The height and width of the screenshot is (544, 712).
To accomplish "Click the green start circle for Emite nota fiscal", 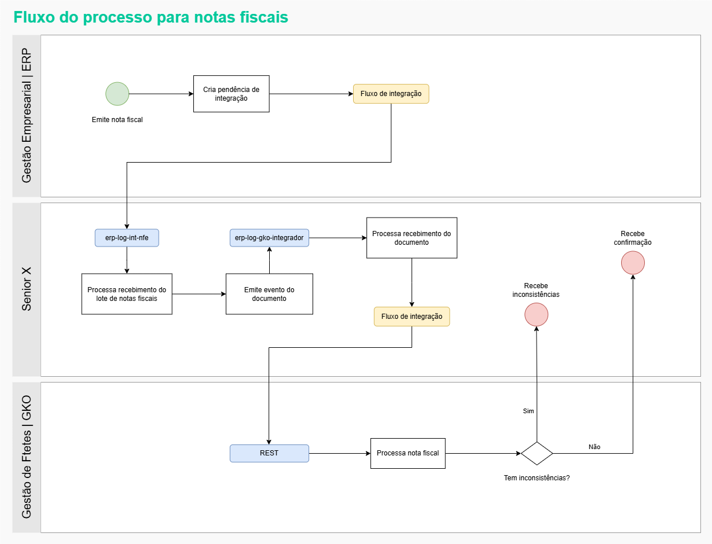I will pyautogui.click(x=117, y=94).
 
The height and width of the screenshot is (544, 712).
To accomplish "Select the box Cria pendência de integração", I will pyautogui.click(x=231, y=94).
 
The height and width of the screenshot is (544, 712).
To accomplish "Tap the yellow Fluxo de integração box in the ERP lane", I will pyautogui.click(x=391, y=94).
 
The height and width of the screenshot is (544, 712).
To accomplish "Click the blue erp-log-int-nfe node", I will pyautogui.click(x=127, y=238).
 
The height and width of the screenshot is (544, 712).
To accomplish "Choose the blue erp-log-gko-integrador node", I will pyautogui.click(x=269, y=238).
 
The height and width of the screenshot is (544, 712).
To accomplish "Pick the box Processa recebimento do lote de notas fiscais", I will pyautogui.click(x=127, y=294).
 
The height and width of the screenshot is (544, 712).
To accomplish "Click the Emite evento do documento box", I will pyautogui.click(x=269, y=294).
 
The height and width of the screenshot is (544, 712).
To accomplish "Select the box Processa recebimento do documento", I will pyautogui.click(x=412, y=238).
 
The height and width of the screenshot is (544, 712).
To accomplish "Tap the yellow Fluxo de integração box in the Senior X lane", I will pyautogui.click(x=412, y=317).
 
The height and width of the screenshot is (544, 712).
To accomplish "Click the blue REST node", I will pyautogui.click(x=269, y=453).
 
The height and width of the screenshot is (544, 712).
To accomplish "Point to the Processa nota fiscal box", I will pyautogui.click(x=408, y=453).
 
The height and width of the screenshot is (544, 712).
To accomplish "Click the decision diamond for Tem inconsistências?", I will pyautogui.click(x=537, y=453).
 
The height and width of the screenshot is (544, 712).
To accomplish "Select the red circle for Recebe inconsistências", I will pyautogui.click(x=536, y=314).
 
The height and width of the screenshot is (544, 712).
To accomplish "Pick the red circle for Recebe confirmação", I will pyautogui.click(x=633, y=263).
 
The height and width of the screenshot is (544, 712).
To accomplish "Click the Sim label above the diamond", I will pyautogui.click(x=529, y=411).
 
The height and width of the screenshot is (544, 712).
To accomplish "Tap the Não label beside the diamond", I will pyautogui.click(x=594, y=447).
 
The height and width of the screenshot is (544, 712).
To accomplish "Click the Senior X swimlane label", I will pyautogui.click(x=27, y=289).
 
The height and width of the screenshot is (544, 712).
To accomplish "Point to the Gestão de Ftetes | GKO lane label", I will pyautogui.click(x=27, y=457).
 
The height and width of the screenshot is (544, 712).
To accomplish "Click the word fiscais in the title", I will pyautogui.click(x=264, y=17).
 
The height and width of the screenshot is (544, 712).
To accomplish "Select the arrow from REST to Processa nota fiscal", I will pyautogui.click(x=340, y=453).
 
